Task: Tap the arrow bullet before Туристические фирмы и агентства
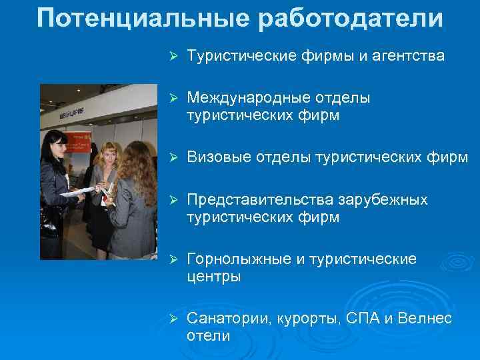171,57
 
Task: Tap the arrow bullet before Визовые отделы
171,158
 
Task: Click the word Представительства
261,200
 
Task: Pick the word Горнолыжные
242,259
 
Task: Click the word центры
214,277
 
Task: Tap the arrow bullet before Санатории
171,319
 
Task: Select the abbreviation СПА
367,318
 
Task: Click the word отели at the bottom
208,336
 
